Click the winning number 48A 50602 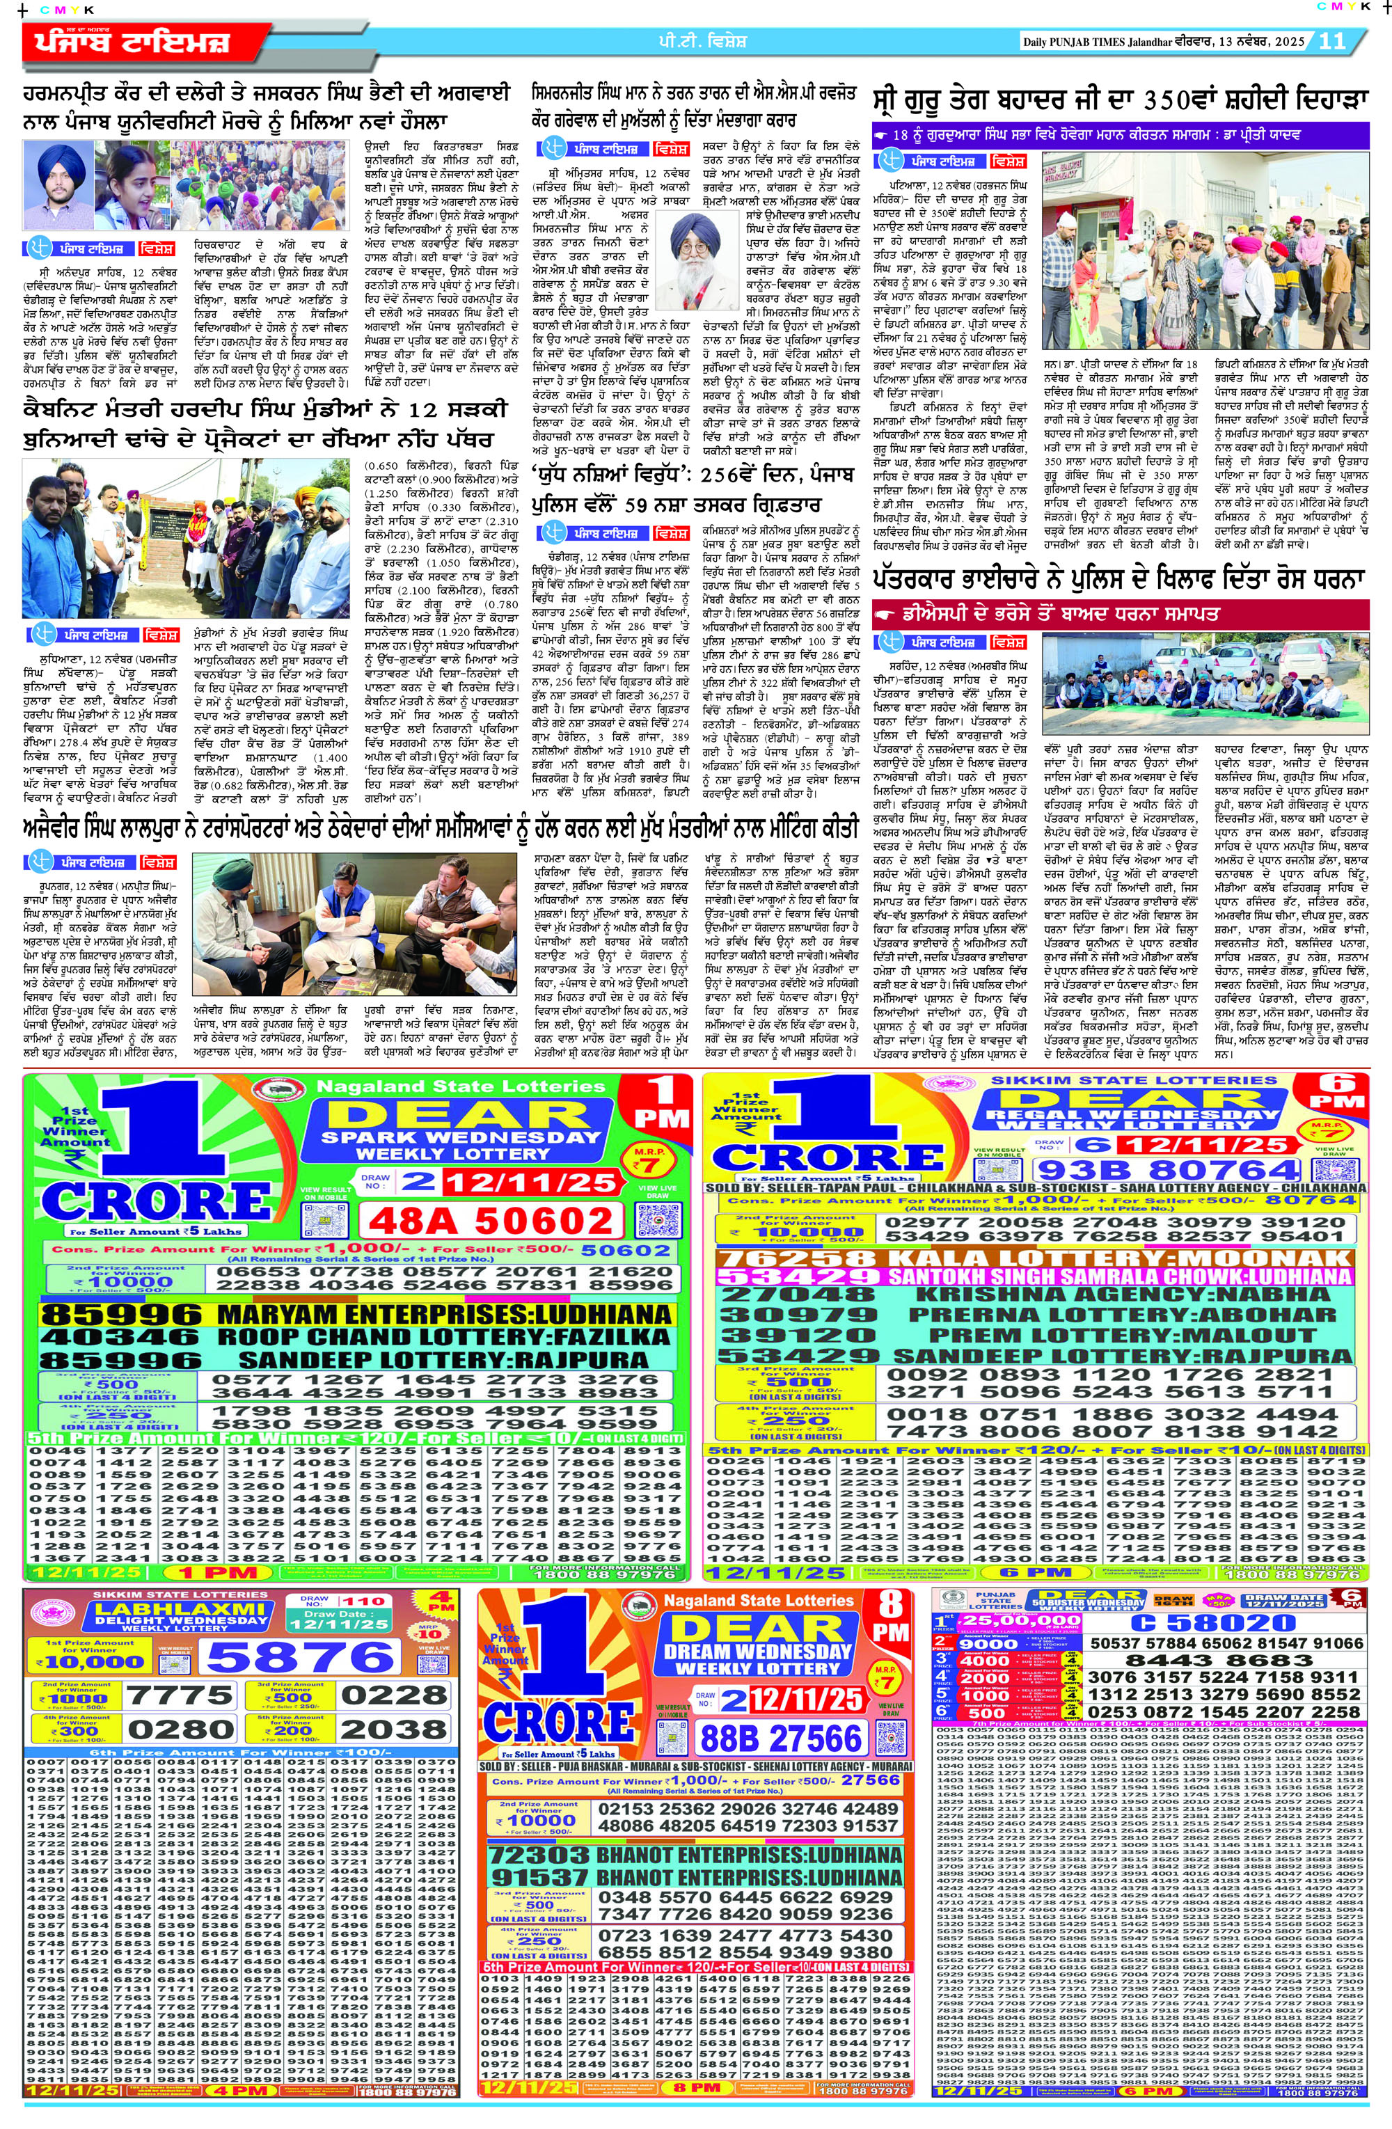490,1221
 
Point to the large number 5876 300,1656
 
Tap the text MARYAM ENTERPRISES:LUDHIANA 444,1314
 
